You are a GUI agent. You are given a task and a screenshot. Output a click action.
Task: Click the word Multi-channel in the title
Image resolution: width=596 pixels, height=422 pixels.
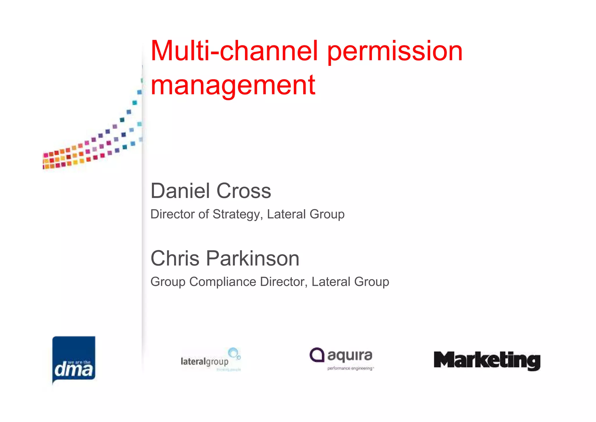234,51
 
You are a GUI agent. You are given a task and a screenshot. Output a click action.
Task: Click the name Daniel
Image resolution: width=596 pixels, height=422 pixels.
180,191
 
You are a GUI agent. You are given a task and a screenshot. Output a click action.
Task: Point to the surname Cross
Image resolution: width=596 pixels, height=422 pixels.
244,191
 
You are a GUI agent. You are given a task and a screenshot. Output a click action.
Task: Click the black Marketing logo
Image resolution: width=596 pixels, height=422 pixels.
487,361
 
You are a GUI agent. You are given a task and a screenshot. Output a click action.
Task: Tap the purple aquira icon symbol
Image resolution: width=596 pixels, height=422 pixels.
317,355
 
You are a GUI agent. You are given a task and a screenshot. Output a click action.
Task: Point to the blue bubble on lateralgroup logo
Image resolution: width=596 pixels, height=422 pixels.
233,352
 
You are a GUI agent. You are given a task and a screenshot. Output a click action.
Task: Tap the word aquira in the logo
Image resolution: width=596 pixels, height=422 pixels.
350,356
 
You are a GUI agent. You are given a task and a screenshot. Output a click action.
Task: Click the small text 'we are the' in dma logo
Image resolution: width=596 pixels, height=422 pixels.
79,362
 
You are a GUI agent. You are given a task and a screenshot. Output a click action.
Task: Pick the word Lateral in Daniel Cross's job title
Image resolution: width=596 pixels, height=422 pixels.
286,214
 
